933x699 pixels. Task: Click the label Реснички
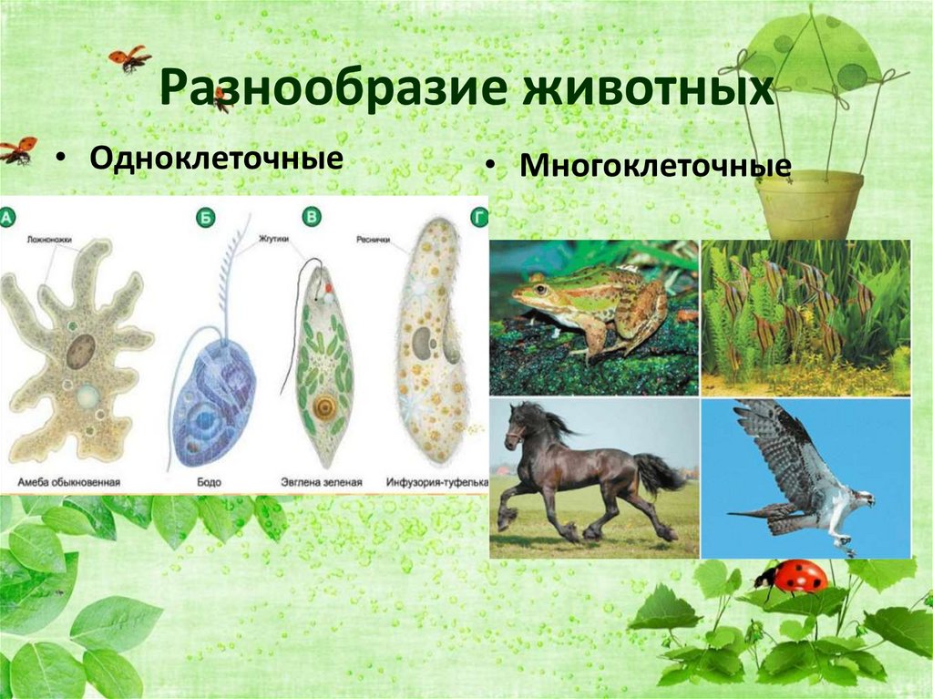[x=372, y=239]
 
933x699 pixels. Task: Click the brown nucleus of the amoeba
[x=80, y=350]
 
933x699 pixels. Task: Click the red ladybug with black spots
[x=795, y=576]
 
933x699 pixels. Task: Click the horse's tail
[x=658, y=473]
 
